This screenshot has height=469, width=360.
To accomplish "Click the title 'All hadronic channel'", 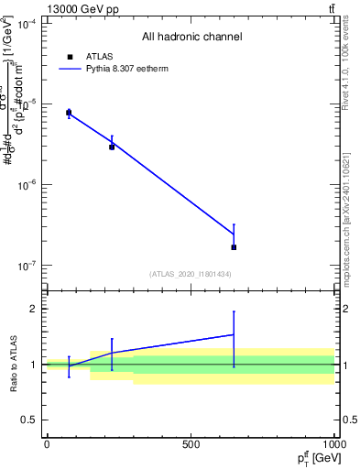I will coord(191,38).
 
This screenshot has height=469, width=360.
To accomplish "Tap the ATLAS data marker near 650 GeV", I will coord(234,247).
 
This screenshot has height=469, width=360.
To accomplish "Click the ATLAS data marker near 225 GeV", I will coord(112,147).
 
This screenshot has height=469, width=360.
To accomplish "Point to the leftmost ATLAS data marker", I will coord(69,113).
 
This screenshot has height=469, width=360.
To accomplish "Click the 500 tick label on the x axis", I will coord(191,443).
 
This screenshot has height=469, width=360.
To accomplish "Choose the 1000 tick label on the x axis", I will coord(334,443).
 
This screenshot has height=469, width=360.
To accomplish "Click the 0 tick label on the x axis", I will coord(47,443).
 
